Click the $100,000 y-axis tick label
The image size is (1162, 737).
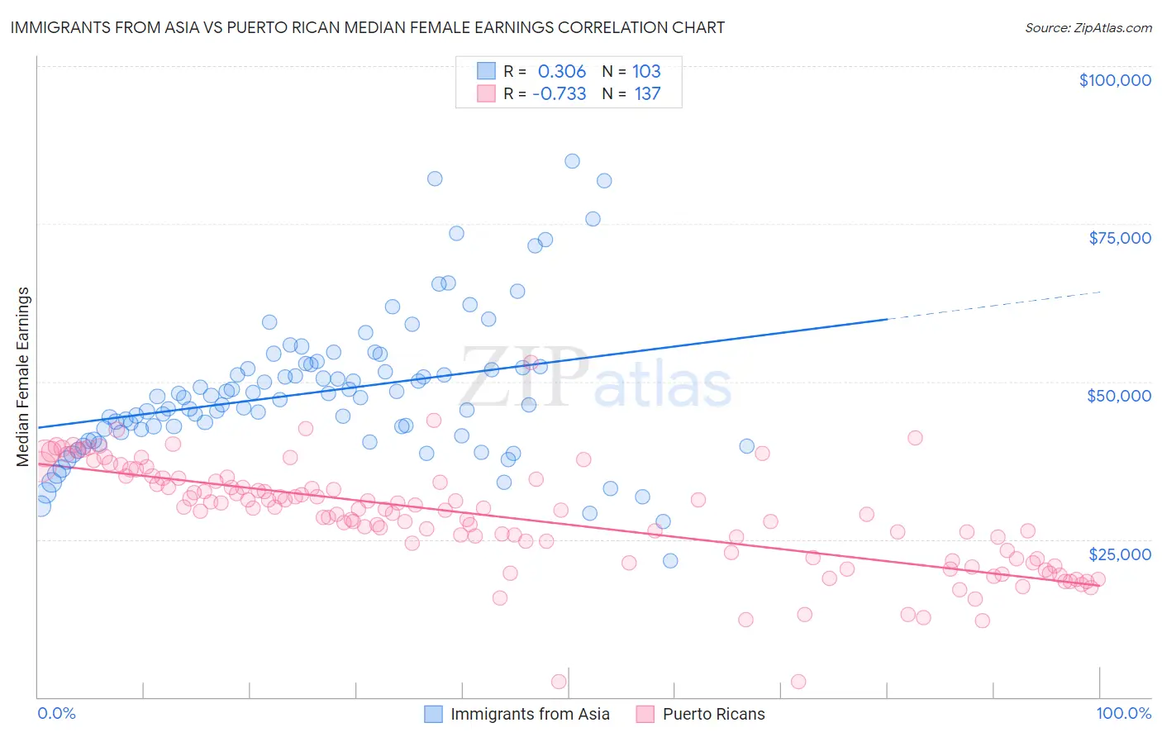1115,80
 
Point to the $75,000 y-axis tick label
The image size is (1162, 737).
1120,238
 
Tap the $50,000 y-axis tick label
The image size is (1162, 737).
1119,396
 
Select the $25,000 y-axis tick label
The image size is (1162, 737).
1119,554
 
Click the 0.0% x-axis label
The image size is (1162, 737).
56,713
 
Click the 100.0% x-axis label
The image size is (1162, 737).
1123,713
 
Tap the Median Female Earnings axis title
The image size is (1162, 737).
23,377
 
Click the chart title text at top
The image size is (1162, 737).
367,27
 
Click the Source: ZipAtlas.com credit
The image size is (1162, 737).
1088,27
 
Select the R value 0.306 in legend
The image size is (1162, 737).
561,71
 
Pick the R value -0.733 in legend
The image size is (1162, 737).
559,93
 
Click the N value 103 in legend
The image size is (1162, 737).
646,71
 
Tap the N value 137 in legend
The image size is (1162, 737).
647,93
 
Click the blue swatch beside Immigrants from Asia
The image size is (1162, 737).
435,714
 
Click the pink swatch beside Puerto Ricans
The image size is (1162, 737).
645,714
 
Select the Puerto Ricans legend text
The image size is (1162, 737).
713,714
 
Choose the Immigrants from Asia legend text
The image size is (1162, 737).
530,714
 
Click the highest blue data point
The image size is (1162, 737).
572,161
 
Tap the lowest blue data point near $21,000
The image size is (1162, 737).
670,561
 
